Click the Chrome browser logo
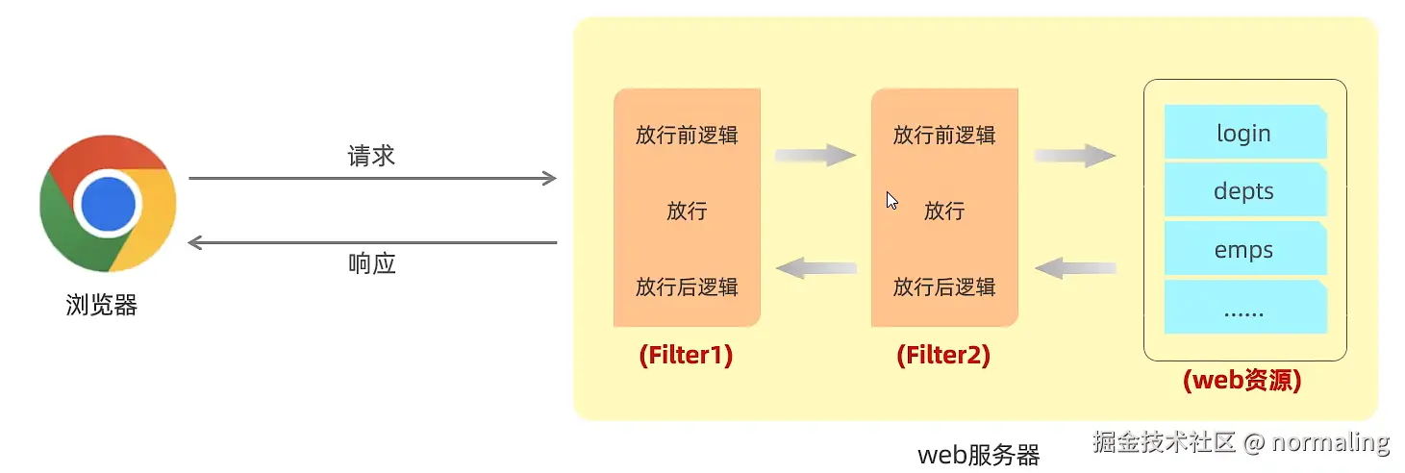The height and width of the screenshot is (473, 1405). [108, 205]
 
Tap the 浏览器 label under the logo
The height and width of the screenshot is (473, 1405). [102, 306]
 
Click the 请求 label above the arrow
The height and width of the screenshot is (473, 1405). [371, 156]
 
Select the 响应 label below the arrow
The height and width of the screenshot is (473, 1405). [371, 263]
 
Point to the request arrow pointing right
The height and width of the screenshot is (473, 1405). [372, 178]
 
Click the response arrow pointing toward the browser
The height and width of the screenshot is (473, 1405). [372, 242]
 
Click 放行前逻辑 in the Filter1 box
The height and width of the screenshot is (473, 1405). [687, 135]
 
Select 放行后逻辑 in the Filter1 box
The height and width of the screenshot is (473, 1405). [687, 286]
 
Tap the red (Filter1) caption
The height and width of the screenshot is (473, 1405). [686, 356]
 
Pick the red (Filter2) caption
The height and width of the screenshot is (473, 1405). [943, 356]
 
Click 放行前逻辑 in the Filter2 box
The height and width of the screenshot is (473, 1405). [944, 135]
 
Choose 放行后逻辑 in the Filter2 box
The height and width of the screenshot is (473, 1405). [944, 286]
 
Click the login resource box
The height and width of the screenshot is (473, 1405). [1244, 133]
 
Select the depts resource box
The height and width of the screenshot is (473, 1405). [1244, 190]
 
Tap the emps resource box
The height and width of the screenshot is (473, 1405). [1244, 250]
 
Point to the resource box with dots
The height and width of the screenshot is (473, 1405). [1244, 308]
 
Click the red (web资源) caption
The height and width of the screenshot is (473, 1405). [1242, 380]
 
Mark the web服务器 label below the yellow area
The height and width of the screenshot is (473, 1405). [979, 455]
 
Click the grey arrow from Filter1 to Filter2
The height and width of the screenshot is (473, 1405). [815, 156]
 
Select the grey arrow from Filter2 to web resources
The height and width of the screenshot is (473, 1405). [1075, 156]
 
